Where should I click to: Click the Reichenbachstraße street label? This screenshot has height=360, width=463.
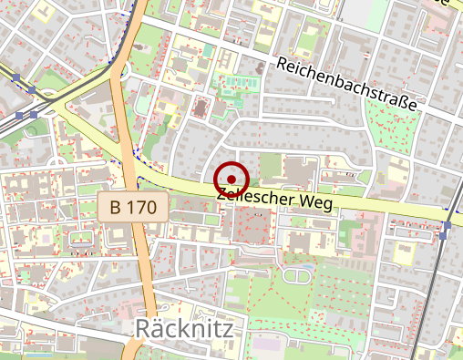(x=346, y=85)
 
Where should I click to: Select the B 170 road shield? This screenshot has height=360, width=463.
(x=133, y=207)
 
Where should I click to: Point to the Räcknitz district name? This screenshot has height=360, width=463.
(x=185, y=329)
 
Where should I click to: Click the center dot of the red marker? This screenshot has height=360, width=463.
(x=232, y=179)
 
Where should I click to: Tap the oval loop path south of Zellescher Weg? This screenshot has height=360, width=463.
(x=298, y=274)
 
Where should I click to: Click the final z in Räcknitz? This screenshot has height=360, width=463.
(x=228, y=329)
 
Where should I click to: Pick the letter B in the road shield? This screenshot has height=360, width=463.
(x=115, y=207)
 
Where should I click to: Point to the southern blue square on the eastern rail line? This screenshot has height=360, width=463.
(x=443, y=236)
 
